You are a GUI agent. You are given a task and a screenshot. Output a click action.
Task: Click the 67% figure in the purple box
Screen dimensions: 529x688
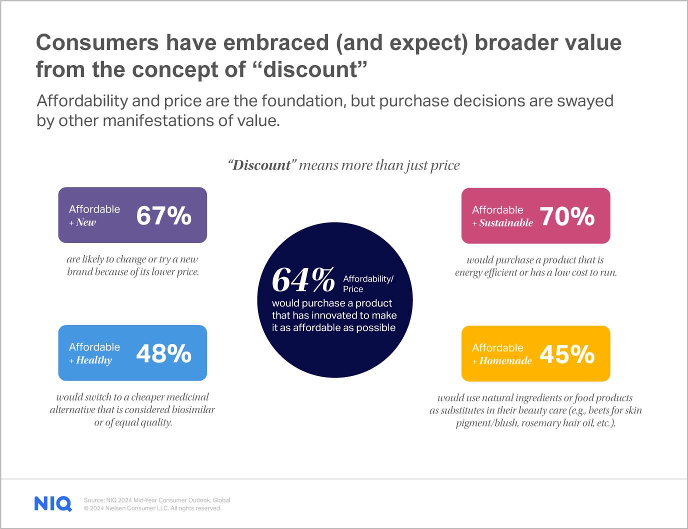point(163,215)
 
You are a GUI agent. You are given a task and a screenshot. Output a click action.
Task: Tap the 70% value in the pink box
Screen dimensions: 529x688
point(567,216)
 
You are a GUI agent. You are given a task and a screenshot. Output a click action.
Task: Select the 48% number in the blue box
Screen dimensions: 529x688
point(163,353)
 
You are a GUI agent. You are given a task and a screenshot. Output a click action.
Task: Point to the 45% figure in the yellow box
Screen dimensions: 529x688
point(567,354)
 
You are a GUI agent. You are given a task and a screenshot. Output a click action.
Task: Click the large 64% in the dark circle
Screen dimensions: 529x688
point(303,280)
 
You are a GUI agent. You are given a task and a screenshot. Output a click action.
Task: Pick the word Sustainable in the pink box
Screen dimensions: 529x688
point(506,223)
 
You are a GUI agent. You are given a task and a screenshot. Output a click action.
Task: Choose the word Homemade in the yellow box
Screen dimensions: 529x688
point(505,361)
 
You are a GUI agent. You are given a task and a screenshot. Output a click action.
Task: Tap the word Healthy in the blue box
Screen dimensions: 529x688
point(94,360)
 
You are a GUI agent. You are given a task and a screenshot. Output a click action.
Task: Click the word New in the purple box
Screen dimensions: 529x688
point(86,222)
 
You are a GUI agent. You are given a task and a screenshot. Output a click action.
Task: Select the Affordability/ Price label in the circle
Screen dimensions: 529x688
point(368,283)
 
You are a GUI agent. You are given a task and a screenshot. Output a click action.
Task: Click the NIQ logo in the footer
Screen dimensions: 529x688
point(53,503)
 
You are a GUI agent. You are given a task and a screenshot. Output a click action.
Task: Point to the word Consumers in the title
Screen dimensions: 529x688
point(97,43)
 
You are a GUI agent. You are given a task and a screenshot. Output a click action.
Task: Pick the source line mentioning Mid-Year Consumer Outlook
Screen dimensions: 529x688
point(157,500)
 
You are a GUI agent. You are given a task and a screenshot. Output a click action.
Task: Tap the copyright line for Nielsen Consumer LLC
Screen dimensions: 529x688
point(152,508)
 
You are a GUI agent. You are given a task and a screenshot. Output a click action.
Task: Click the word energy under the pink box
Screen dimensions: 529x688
point(468,272)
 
